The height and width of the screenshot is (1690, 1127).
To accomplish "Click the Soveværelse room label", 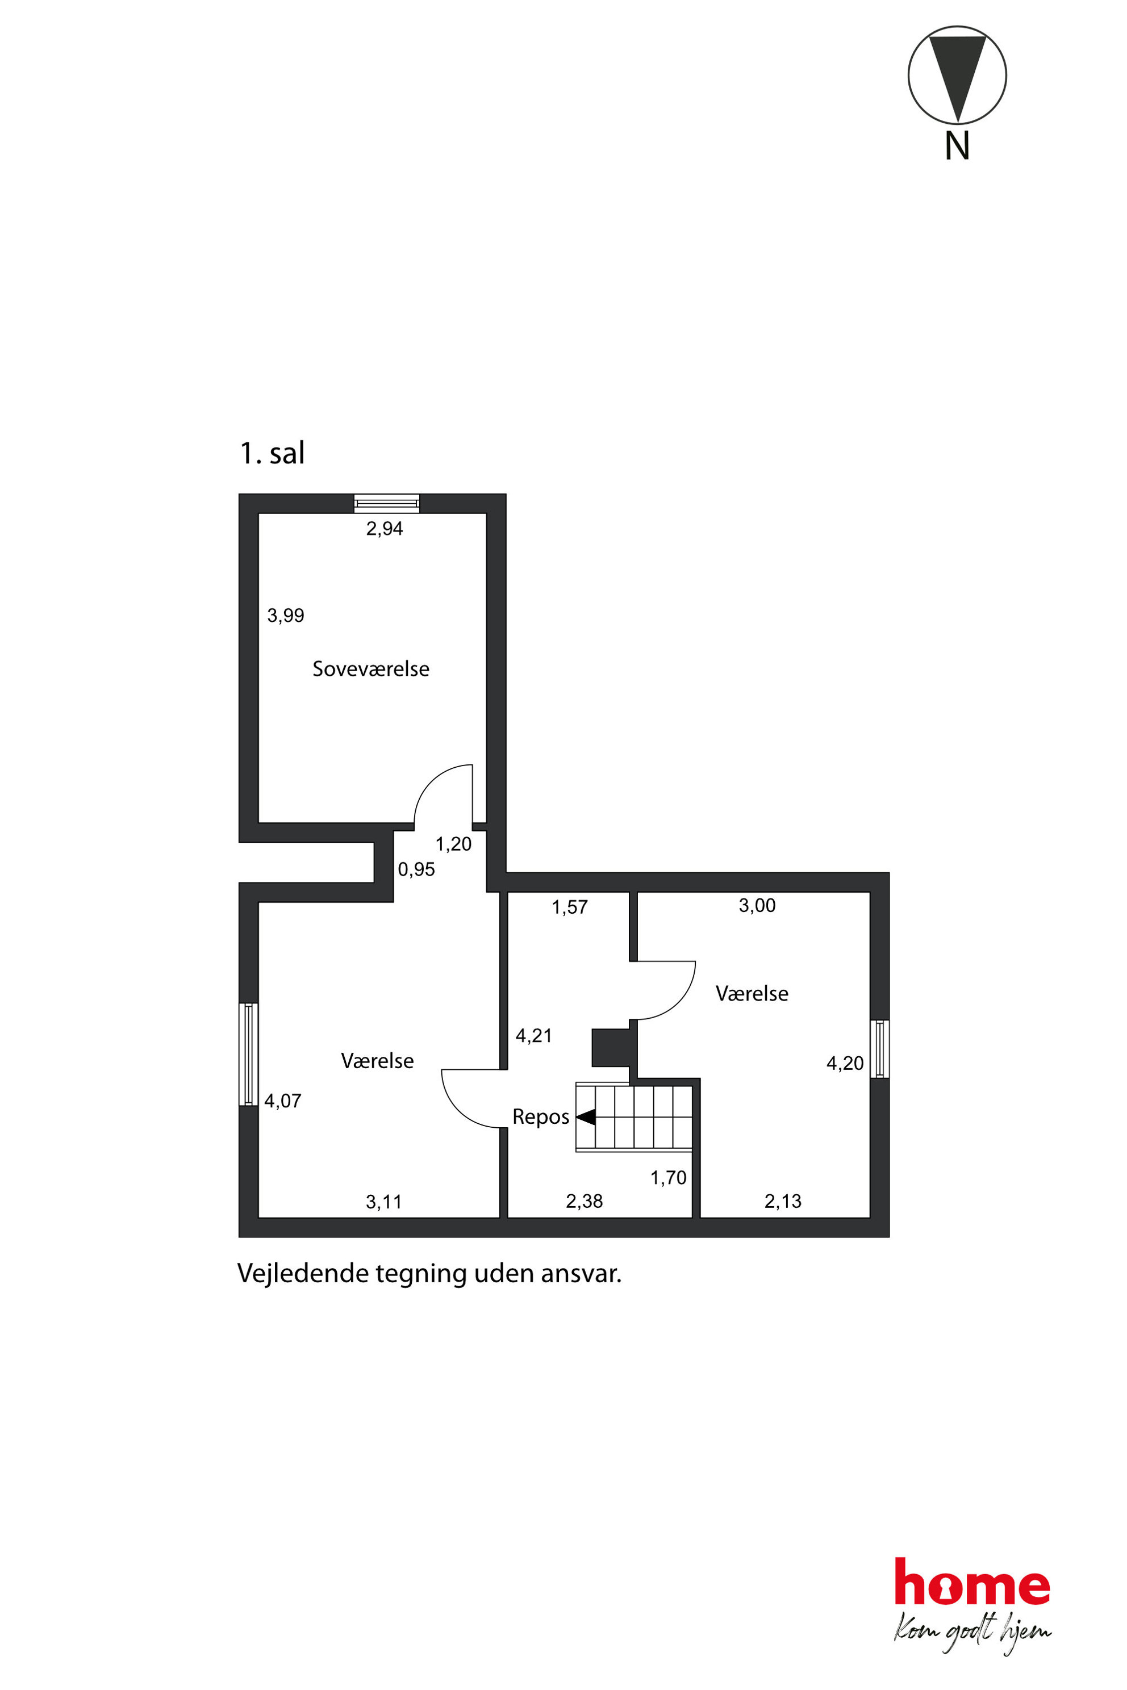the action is [x=371, y=669].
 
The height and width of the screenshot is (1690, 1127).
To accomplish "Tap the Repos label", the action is [x=541, y=1116].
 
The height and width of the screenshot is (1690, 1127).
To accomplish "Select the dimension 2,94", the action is [x=385, y=529].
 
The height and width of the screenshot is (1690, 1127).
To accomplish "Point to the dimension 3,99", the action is [x=285, y=615].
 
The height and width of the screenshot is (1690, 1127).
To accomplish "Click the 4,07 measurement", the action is [x=282, y=1101].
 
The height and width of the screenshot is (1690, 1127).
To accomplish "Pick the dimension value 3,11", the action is [x=384, y=1202].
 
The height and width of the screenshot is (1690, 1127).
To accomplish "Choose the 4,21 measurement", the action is [x=533, y=1035].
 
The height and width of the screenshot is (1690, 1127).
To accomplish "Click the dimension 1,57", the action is [x=569, y=907].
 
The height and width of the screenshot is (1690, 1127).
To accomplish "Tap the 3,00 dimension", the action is [x=757, y=905].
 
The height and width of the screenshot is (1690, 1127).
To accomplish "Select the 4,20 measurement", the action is [x=845, y=1064].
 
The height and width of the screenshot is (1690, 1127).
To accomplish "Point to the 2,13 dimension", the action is [x=783, y=1200].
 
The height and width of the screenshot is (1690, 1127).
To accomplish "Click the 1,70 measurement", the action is [x=669, y=1178].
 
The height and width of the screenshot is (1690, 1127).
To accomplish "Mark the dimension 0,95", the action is [x=416, y=869].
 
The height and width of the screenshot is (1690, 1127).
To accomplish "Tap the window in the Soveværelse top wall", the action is [x=387, y=503].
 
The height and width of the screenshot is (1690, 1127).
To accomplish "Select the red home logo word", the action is [x=972, y=1582].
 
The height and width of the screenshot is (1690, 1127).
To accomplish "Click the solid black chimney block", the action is [x=610, y=1048].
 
